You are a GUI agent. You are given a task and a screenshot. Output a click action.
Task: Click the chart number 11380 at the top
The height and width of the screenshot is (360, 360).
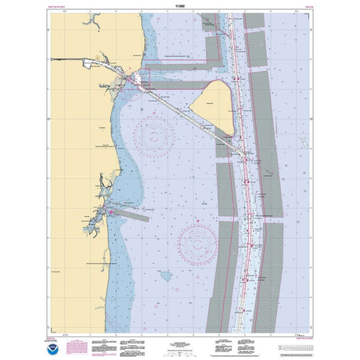(180, 5)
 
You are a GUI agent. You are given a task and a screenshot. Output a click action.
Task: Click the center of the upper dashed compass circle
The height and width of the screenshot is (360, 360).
(153, 135)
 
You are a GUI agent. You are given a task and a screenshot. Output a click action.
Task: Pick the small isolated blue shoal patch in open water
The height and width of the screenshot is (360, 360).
(166, 275)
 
